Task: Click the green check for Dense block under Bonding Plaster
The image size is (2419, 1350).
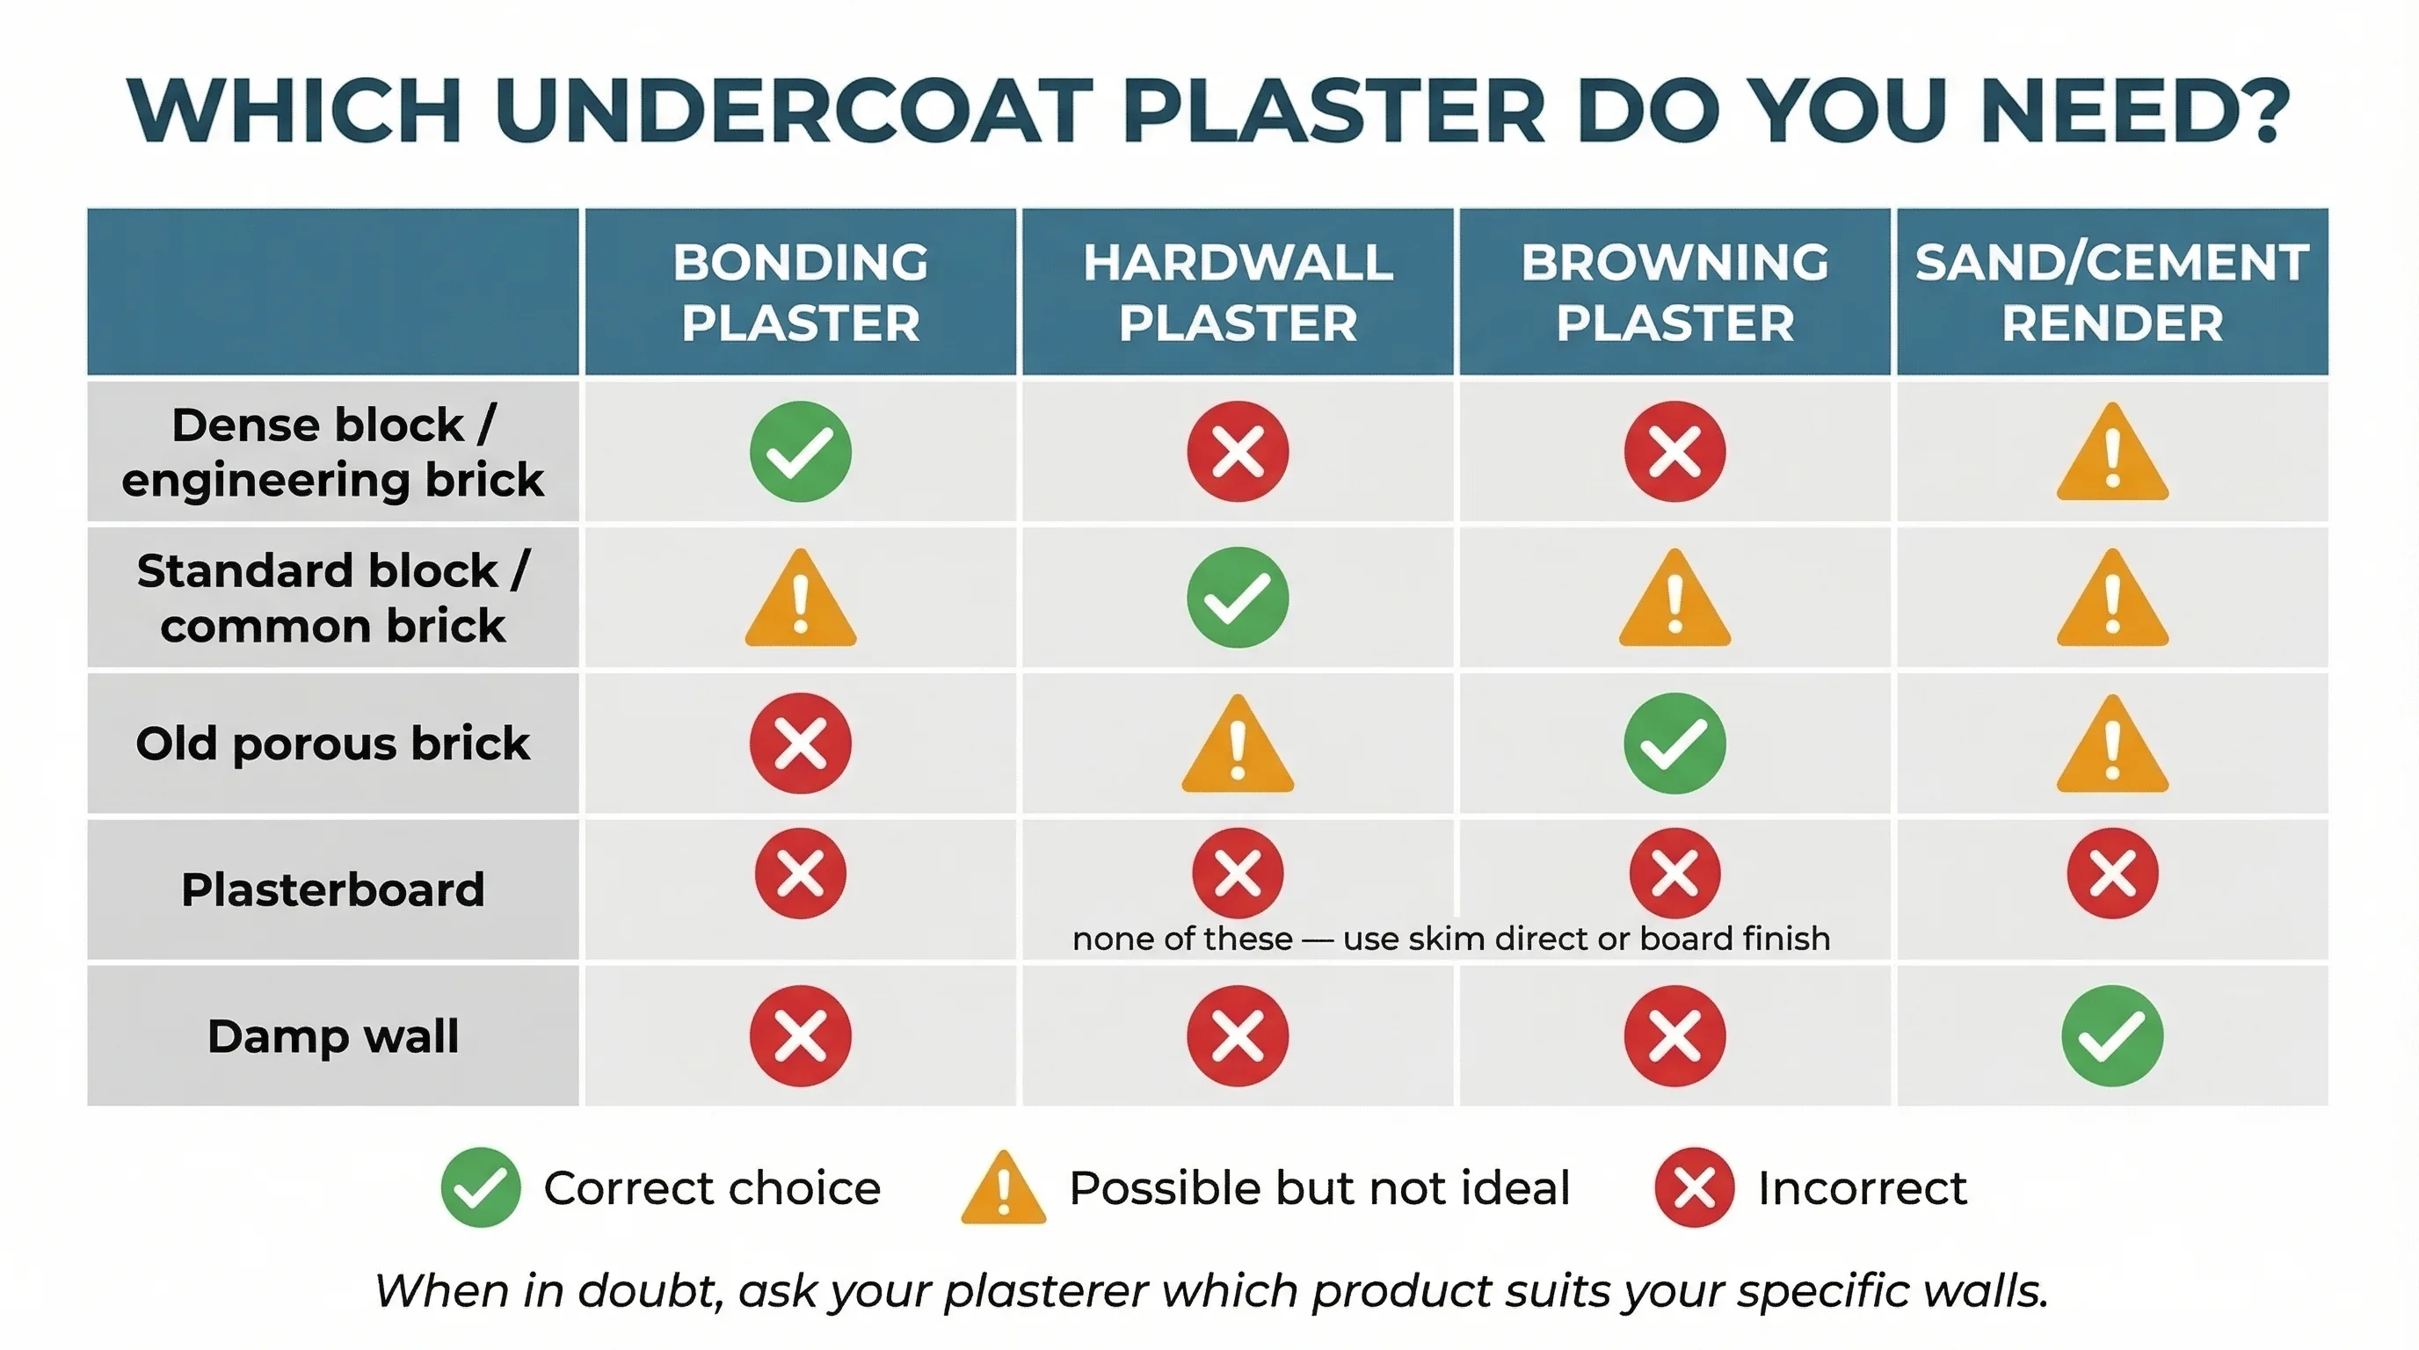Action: coord(800,452)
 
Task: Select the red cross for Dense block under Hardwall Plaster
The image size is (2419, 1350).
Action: coord(1238,452)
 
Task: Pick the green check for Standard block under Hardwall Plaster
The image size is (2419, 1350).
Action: coord(1238,598)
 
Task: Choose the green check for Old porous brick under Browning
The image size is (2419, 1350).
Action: coord(1674,744)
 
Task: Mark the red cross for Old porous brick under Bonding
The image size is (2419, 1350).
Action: coord(800,744)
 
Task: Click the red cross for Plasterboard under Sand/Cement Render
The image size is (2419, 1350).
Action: coord(2112,873)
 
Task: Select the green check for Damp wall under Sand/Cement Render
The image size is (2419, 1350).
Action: coord(2112,1035)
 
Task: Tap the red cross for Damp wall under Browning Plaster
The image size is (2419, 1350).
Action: coord(1674,1035)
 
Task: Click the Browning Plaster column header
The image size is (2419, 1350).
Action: coord(1674,292)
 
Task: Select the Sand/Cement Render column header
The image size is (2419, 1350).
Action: coord(2112,292)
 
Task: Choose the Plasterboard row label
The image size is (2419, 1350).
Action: coord(332,890)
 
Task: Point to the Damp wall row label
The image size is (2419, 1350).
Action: coord(332,1036)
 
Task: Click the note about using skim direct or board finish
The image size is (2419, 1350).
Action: coord(1451,939)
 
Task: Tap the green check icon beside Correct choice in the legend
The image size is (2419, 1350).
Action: coord(480,1187)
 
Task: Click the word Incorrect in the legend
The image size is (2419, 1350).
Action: coord(1861,1188)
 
